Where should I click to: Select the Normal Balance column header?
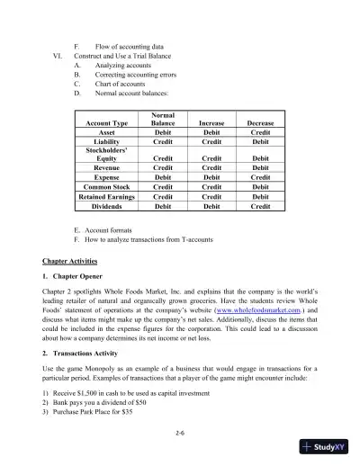click(x=163, y=119)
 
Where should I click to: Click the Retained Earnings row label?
click(x=106, y=196)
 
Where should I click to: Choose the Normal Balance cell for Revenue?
click(x=163, y=168)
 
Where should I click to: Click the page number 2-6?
click(x=180, y=434)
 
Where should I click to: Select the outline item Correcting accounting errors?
click(x=136, y=75)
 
